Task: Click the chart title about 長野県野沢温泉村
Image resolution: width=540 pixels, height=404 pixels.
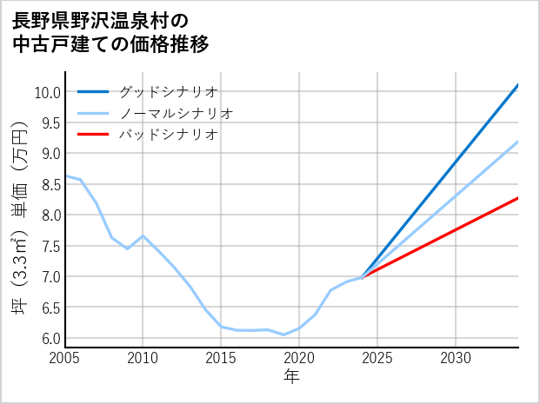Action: [111, 32]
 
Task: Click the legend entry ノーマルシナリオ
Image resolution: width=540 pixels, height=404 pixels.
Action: [176, 113]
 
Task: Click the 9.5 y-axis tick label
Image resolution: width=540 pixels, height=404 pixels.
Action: [50, 123]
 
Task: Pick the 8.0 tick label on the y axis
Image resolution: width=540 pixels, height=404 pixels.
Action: [50, 215]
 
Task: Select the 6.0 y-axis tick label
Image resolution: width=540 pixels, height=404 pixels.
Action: [50, 338]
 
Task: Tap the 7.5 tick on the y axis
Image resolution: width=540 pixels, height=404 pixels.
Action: [50, 246]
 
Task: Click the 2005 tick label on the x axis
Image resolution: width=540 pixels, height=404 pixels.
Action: [64, 358]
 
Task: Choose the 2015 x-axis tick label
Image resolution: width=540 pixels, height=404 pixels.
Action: [221, 358]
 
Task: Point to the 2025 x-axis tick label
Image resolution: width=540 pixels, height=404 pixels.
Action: [377, 358]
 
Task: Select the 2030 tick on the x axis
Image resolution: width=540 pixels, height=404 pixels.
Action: [456, 358]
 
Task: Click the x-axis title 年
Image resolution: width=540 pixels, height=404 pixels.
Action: [291, 377]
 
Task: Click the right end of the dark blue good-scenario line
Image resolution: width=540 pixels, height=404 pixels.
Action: [517, 85]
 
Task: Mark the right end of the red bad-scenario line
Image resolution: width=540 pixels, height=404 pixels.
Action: [517, 198]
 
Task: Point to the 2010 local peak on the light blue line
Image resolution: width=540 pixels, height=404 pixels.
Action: [143, 236]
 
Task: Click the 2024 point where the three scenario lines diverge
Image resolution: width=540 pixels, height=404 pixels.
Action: [362, 277]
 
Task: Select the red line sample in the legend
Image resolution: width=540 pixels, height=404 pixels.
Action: [93, 135]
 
